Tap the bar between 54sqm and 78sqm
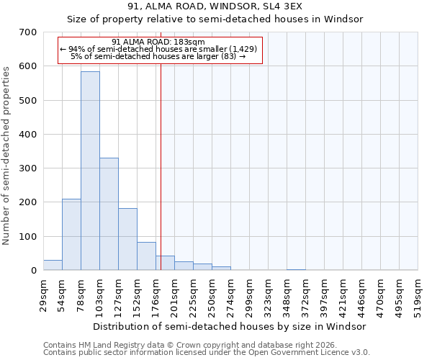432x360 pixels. coord(71,234)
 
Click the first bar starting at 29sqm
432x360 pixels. coord(53,265)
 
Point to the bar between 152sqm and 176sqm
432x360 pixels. coord(146,256)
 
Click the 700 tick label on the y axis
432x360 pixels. coord(28,32)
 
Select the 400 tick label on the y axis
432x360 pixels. coord(28,135)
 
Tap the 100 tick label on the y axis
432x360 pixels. coord(28,237)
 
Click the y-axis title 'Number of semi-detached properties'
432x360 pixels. coord(7,155)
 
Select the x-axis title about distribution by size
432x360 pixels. coord(230,326)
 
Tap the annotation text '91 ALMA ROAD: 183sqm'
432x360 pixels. coord(159,42)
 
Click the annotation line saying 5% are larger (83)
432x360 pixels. coord(159,56)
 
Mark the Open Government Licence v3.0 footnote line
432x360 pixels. coord(207,352)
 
